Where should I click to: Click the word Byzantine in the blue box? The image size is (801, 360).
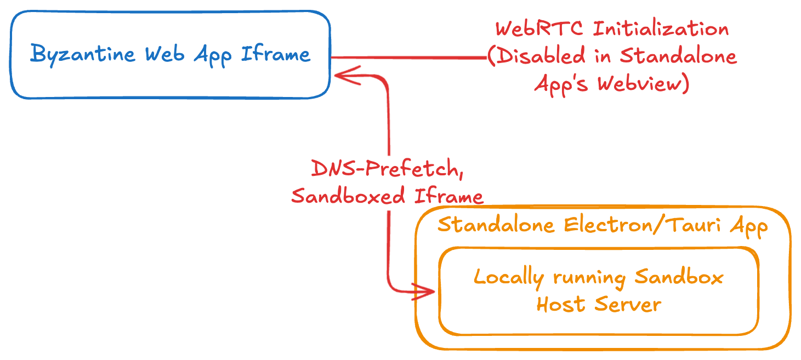83,55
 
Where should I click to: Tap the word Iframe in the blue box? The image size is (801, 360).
275,54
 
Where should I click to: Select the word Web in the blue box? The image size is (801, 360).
164,54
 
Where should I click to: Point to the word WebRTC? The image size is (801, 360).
539,28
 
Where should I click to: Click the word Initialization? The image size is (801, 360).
661,28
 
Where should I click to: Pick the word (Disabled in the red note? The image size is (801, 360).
537,56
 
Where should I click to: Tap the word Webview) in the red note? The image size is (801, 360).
644,83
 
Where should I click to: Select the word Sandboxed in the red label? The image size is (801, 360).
348,196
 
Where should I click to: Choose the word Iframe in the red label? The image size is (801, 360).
449,196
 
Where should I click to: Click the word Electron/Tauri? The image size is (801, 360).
642,225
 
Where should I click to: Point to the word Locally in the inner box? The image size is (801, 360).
508,278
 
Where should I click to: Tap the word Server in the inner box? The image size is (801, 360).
628,305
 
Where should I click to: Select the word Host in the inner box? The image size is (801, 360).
561,305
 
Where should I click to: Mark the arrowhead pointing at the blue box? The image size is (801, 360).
345,75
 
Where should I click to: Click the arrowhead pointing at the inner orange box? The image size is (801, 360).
424,292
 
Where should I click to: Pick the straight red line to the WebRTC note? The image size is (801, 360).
409,57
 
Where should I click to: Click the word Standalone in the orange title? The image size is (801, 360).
496,225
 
